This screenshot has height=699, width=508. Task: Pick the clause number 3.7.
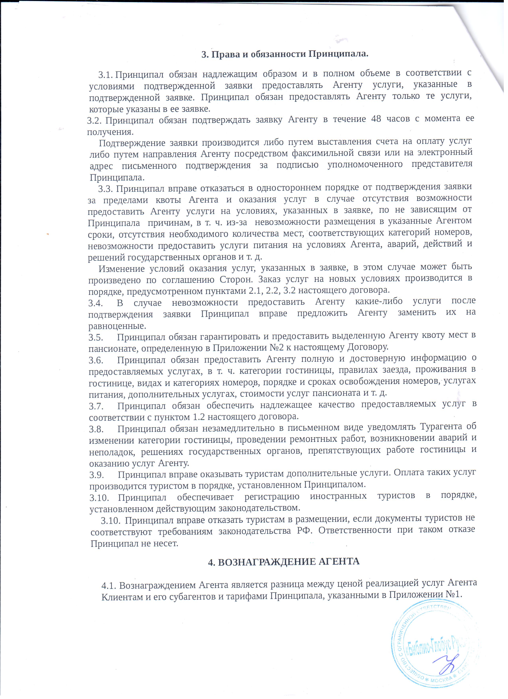(96, 406)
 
